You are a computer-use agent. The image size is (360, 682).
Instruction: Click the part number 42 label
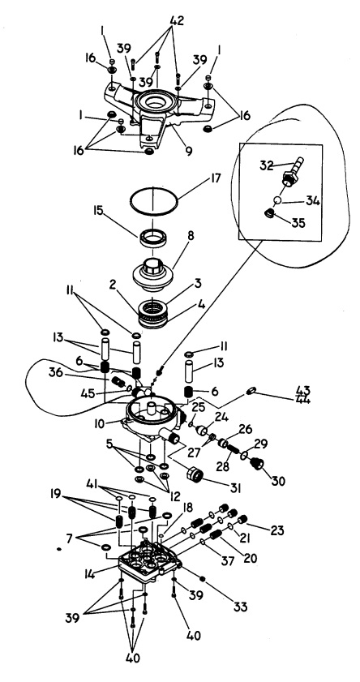pos(177,20)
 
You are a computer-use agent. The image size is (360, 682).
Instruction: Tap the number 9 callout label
pos(188,151)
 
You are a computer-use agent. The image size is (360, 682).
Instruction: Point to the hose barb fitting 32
pos(291,171)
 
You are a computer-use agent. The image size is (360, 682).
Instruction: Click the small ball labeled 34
pos(278,201)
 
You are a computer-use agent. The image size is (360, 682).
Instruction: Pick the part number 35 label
pos(298,223)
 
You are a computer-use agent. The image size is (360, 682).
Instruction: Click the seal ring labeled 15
pos(154,238)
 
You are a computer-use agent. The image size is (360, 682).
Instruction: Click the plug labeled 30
pos(257,465)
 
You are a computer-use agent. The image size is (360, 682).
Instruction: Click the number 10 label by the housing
pos(100,424)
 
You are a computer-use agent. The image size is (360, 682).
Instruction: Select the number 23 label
pos(276,530)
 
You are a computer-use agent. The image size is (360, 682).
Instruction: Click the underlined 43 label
pos(302,388)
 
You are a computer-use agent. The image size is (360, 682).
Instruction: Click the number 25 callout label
pos(198,409)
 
